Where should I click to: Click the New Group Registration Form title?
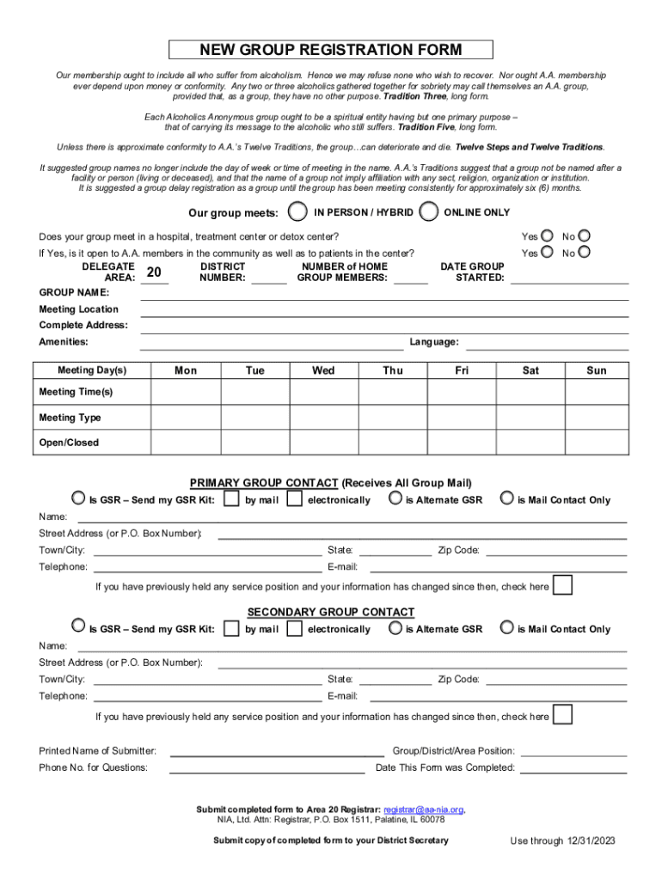point(331,50)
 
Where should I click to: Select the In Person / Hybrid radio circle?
point(297,211)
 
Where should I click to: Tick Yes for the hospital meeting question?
point(547,235)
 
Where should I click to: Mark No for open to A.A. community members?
point(585,253)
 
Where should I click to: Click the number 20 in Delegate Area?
point(155,273)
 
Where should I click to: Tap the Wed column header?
point(323,370)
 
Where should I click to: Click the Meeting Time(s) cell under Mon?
point(185,392)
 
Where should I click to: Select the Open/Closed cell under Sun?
point(596,443)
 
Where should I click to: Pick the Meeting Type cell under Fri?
point(462,418)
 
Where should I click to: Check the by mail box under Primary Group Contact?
point(230,499)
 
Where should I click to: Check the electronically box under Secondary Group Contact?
point(294,628)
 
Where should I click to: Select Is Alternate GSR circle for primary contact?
point(395,498)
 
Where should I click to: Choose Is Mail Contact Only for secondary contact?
point(507,627)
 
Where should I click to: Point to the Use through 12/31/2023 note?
point(563,840)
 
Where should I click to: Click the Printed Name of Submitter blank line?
point(277,750)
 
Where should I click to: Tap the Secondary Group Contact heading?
point(331,612)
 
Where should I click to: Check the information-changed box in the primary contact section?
point(563,585)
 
